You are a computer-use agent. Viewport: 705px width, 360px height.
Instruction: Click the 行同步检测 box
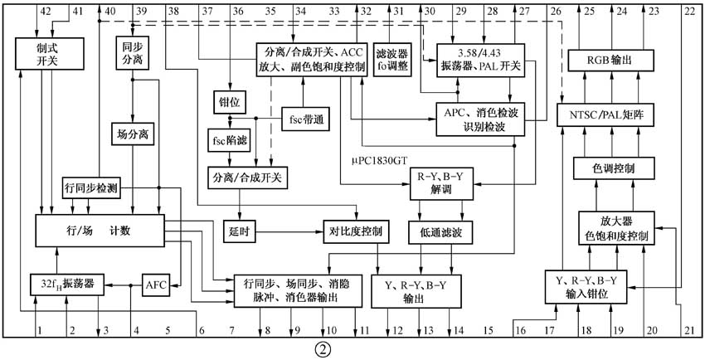[90, 188]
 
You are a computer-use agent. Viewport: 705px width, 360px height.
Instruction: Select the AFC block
[156, 285]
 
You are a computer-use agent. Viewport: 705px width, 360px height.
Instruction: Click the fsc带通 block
[304, 120]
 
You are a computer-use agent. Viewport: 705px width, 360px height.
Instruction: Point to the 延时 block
[239, 231]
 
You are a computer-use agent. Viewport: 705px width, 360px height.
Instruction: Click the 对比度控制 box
[355, 231]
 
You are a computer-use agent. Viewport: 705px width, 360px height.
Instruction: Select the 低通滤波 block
[440, 233]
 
